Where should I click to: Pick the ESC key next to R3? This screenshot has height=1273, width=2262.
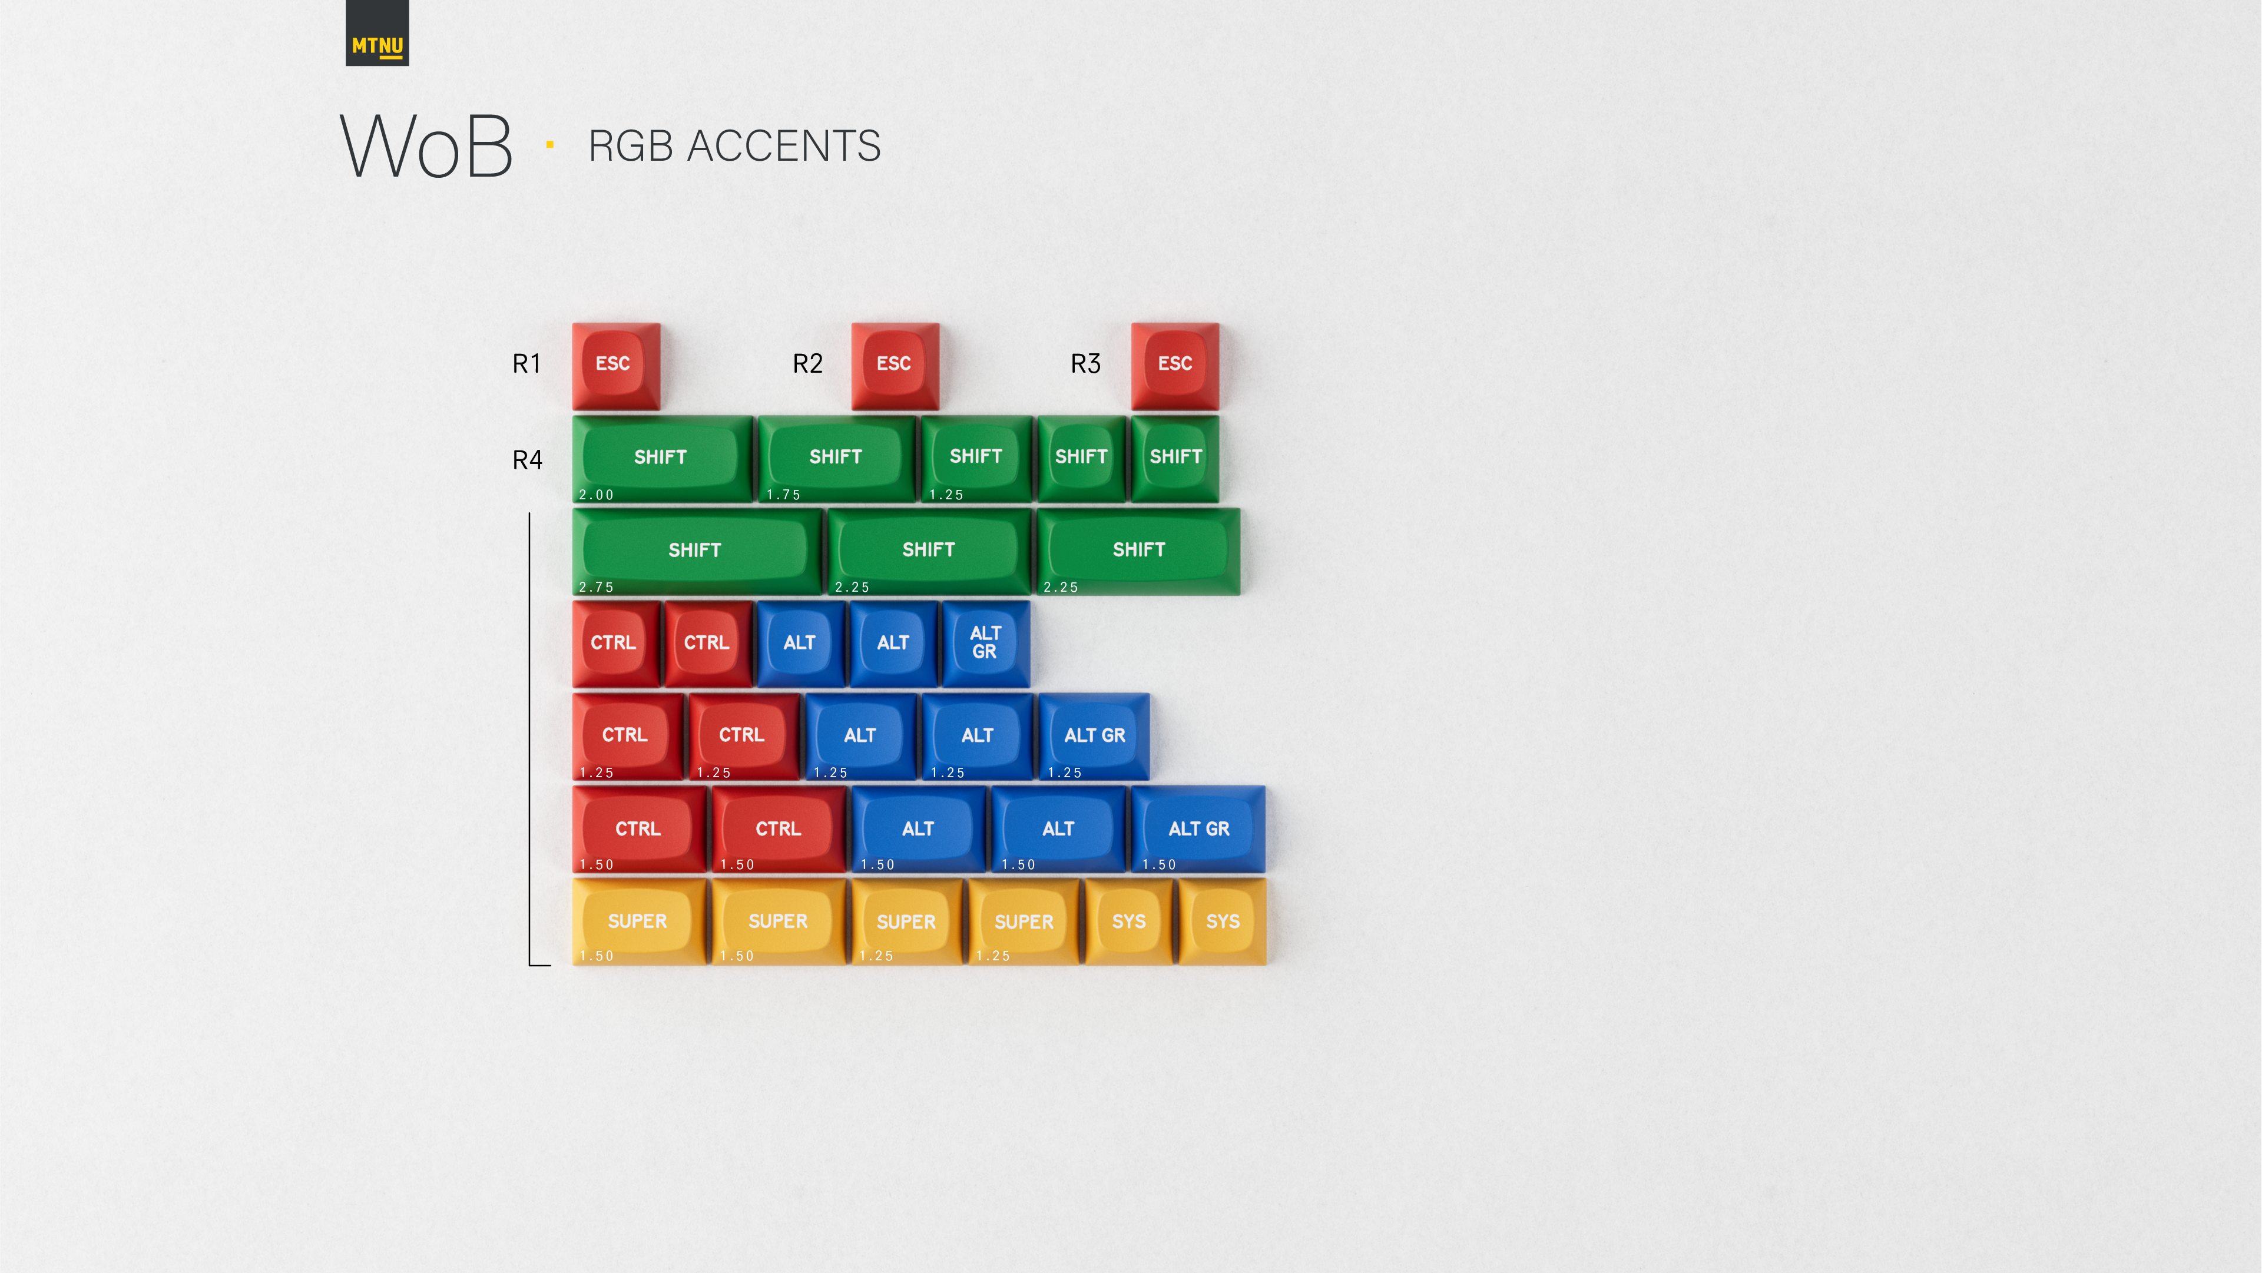coord(1175,365)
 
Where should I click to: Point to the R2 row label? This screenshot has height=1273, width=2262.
coord(807,363)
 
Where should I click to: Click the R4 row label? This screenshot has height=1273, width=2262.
coord(527,460)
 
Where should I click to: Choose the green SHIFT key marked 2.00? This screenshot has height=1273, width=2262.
coord(662,458)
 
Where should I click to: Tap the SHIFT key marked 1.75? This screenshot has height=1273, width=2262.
coord(836,458)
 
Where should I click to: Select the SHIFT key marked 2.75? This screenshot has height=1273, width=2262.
coord(696,551)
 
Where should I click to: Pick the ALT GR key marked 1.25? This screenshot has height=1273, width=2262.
coord(1094,735)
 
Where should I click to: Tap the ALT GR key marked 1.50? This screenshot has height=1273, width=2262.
coord(1198,829)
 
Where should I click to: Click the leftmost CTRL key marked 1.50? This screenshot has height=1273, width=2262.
coord(638,829)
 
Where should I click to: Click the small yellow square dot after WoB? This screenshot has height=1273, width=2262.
coord(549,145)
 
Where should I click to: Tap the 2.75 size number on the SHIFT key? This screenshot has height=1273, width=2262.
coord(596,588)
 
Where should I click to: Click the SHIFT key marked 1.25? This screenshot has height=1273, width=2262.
coord(976,458)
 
